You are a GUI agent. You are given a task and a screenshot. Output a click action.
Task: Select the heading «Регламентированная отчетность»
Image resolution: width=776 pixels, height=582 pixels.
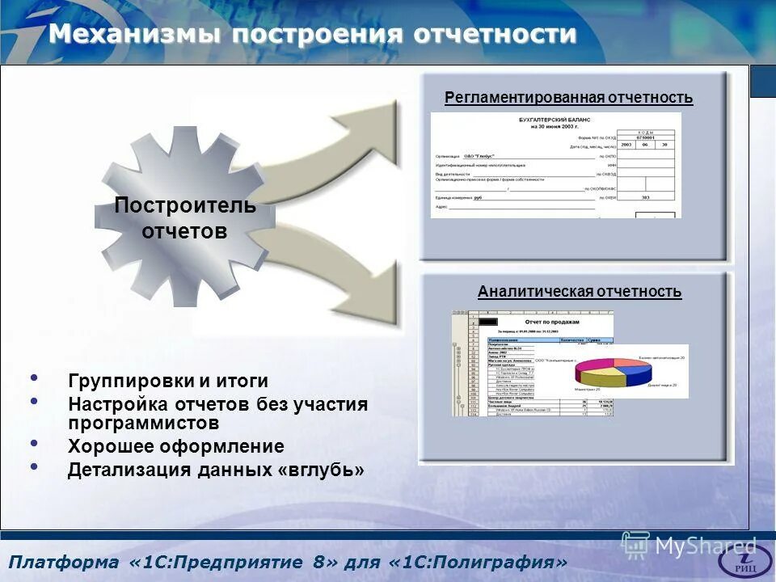(568, 98)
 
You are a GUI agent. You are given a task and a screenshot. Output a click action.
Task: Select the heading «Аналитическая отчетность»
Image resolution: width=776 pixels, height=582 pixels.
(579, 292)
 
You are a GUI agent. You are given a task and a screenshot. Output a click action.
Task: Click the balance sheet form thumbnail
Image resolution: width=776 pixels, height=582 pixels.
(555, 165)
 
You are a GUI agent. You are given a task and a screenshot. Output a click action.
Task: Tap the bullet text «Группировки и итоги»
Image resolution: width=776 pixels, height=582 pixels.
(168, 381)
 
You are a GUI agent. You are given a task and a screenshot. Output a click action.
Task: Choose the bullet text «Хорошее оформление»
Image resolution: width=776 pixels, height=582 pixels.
(176, 446)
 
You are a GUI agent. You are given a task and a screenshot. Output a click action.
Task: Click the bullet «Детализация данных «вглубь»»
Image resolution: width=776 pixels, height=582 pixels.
(216, 470)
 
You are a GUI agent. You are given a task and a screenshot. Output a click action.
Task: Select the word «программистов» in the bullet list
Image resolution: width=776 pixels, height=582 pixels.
(143, 422)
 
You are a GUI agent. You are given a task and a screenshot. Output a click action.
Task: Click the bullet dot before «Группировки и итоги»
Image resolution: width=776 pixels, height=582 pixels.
(34, 378)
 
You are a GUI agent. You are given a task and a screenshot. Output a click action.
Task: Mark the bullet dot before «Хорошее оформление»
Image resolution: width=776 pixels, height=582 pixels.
(34, 444)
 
